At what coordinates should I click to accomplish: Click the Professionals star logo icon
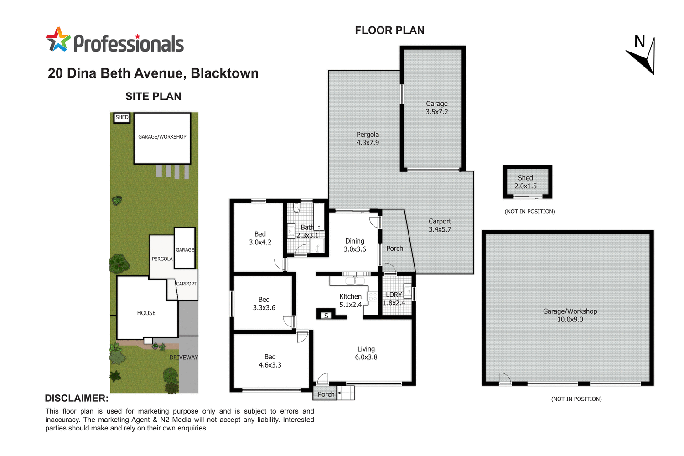(58, 40)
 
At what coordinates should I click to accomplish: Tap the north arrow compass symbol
(643, 56)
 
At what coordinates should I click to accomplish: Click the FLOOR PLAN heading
(389, 31)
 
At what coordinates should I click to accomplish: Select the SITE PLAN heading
(153, 97)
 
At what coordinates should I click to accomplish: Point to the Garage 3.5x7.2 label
(437, 108)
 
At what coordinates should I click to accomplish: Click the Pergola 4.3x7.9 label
(368, 139)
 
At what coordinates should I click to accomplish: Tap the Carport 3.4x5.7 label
(440, 225)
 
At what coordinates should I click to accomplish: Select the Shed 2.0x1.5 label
(525, 182)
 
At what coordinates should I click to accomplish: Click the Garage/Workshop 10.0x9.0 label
(570, 315)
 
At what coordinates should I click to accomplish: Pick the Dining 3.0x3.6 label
(355, 245)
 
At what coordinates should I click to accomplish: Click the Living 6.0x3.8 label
(366, 353)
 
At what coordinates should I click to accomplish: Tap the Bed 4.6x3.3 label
(270, 361)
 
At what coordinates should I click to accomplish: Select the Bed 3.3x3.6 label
(264, 304)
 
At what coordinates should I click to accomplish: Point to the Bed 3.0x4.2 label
(260, 238)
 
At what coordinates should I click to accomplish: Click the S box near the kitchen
(326, 316)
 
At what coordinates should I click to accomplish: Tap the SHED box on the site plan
(122, 118)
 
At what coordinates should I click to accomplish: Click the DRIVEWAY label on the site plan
(184, 358)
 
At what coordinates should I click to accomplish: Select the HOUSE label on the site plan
(146, 313)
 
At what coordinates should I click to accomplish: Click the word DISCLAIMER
(77, 399)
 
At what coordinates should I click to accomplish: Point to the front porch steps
(346, 393)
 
